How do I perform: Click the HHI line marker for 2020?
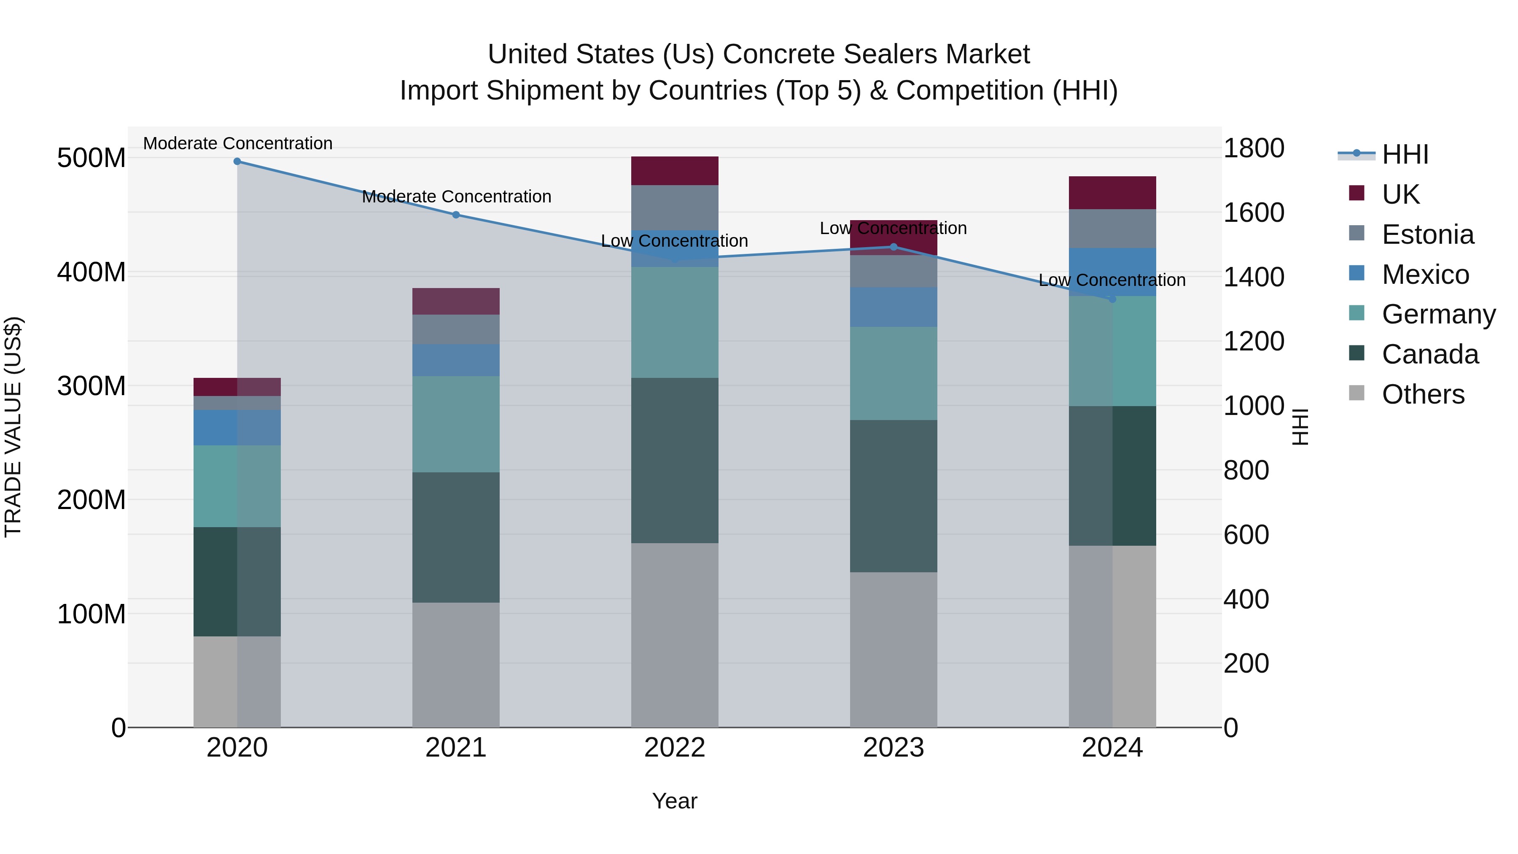237,161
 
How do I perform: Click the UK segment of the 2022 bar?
674,171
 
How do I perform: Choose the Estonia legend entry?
1427,234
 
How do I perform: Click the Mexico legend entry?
1425,275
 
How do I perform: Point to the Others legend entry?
1423,394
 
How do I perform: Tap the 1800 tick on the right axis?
1254,148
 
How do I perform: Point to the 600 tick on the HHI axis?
1246,535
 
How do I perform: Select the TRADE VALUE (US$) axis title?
13,427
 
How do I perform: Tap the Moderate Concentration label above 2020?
237,143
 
